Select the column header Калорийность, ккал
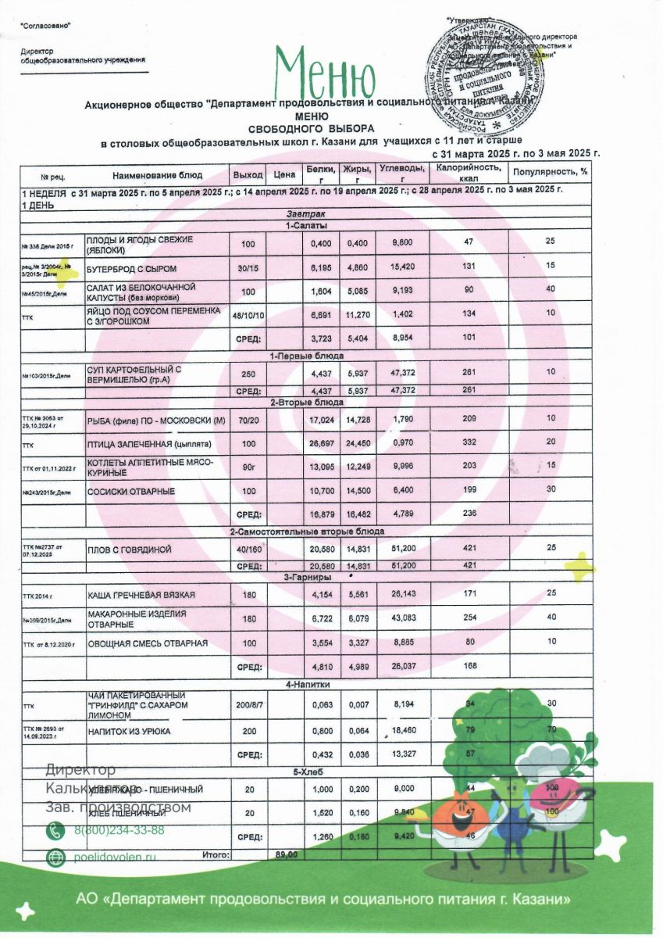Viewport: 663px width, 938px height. click(469, 174)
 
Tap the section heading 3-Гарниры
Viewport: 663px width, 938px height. click(305, 576)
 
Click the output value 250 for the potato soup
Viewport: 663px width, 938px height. click(248, 373)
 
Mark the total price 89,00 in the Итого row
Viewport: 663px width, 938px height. click(286, 855)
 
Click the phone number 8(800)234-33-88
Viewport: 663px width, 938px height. click(119, 830)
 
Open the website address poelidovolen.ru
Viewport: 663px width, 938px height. click(116, 857)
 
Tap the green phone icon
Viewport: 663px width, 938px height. click(56, 830)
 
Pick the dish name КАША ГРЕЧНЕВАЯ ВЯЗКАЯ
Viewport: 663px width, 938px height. click(141, 595)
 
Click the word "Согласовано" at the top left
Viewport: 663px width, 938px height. click(45, 26)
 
